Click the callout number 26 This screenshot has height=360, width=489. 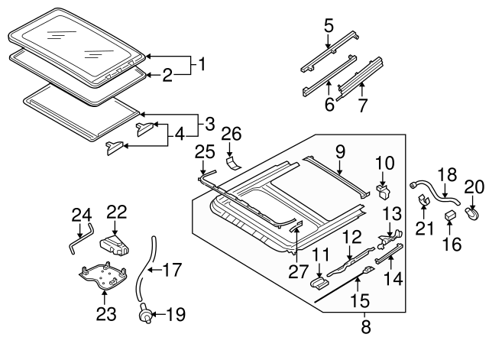click(x=232, y=135)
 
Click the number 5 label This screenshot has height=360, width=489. click(x=329, y=25)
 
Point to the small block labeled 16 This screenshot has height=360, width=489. click(x=452, y=212)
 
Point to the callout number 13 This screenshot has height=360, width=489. click(x=390, y=213)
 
